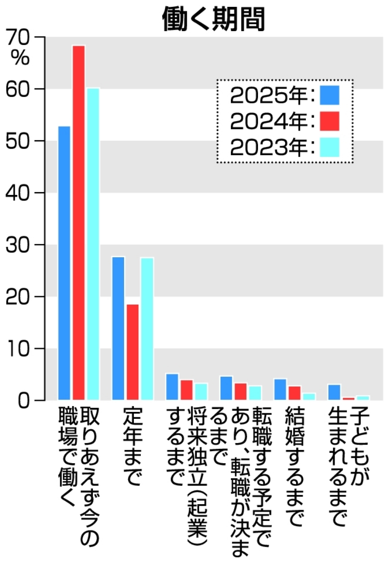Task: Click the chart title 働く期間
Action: [214, 20]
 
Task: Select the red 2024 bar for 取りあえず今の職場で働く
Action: [79, 222]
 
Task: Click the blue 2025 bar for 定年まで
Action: [118, 328]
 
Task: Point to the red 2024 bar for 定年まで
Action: [132, 352]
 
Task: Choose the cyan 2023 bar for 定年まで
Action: [147, 328]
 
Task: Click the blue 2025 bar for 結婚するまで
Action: [280, 389]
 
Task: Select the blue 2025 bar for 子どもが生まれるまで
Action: [334, 392]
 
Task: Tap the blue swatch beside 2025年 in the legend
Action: [329, 95]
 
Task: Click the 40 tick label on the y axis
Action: [18, 193]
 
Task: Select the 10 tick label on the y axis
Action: [18, 349]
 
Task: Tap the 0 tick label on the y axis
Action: [25, 400]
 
